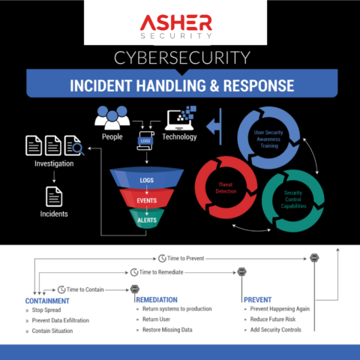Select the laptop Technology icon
[x=180, y=118]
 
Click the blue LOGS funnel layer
[x=146, y=181]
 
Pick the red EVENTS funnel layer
[x=146, y=201]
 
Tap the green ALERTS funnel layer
[x=146, y=220]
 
